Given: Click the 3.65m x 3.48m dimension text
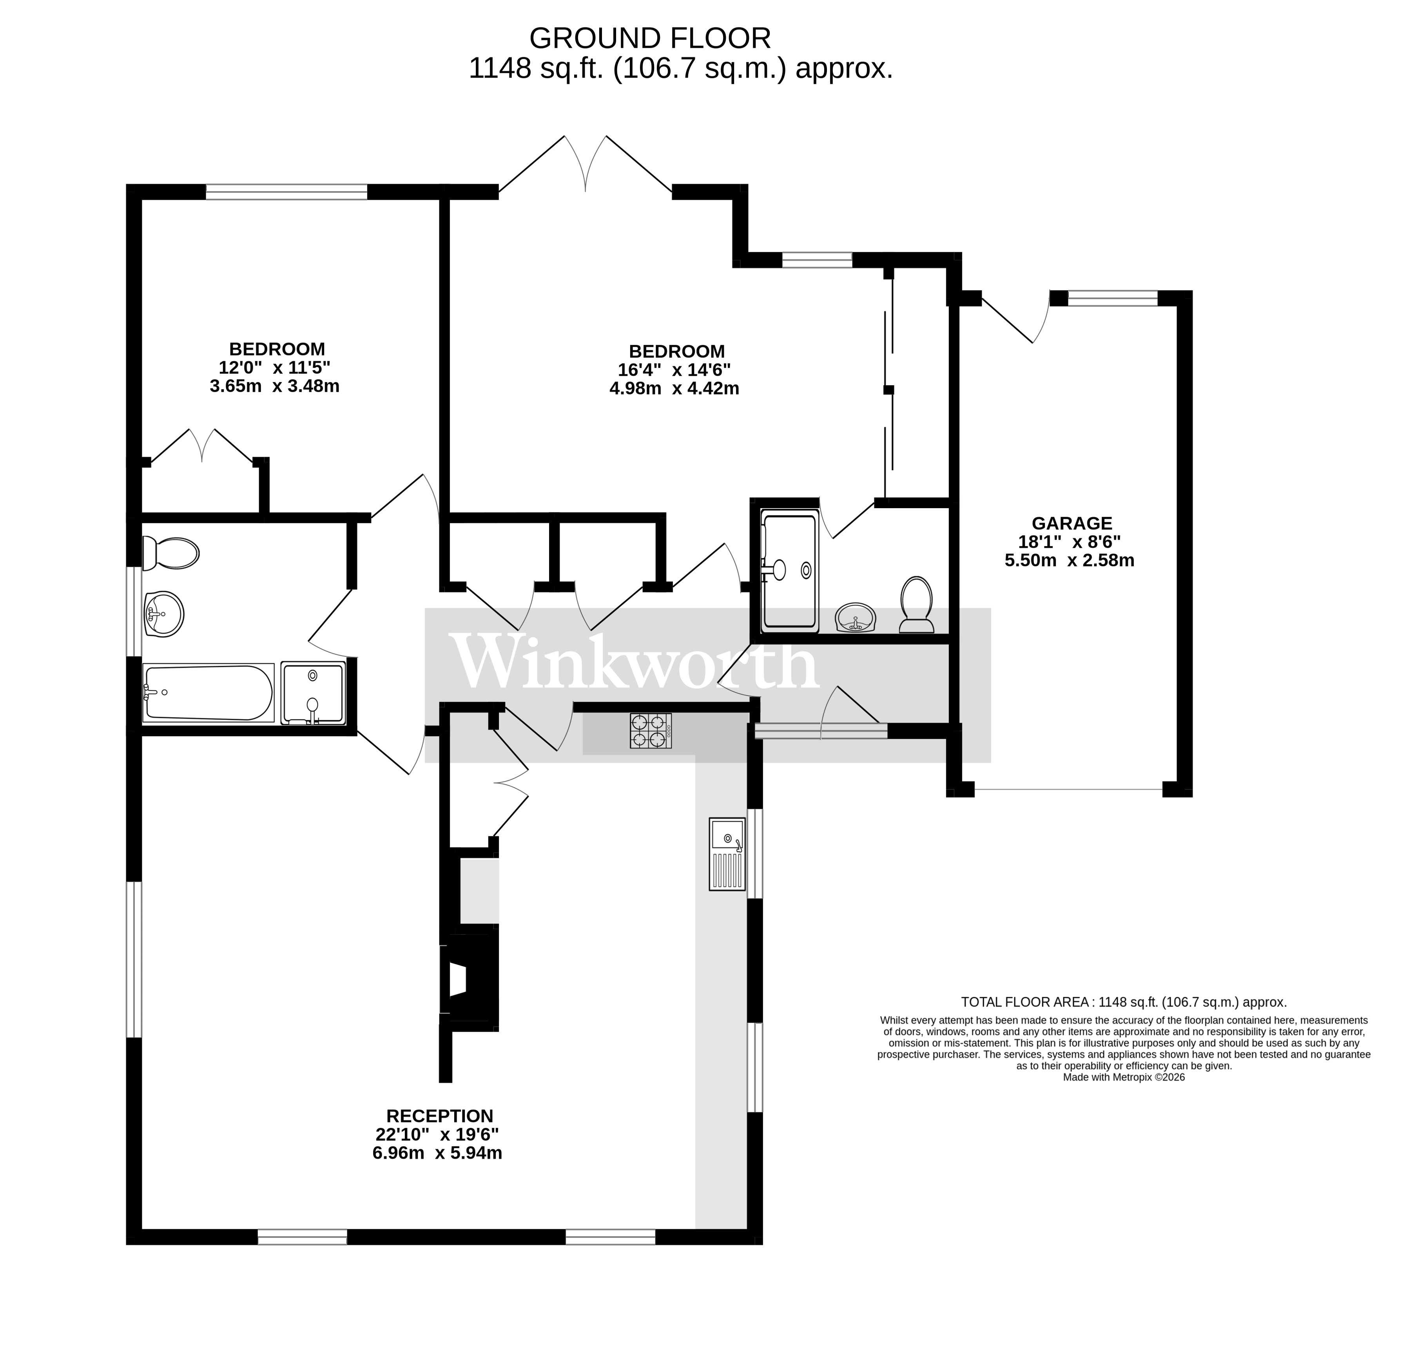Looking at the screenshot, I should (274, 386).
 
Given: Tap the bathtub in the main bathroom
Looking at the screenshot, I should (208, 693).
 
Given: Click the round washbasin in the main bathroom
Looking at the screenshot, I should (164, 614).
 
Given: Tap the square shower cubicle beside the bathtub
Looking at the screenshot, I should (313, 693).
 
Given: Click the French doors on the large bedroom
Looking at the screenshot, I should (585, 165).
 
